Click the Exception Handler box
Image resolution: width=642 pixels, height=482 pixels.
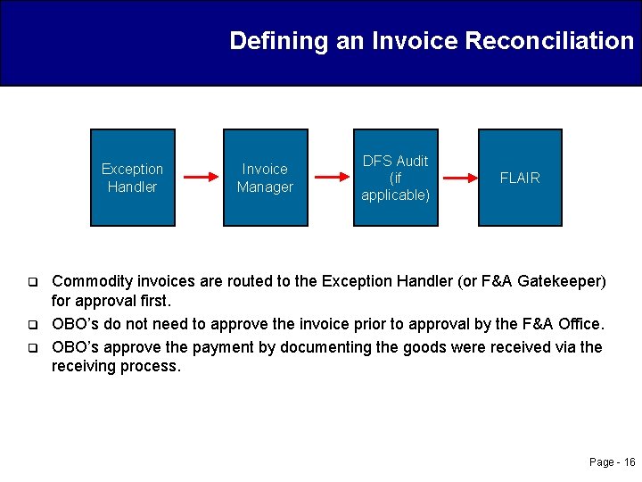point(132,177)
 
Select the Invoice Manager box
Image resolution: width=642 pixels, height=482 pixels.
point(265,177)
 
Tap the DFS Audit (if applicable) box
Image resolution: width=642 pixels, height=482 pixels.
point(395,177)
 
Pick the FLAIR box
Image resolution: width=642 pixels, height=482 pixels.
point(520,177)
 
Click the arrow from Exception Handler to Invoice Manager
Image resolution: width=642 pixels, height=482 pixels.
point(197,177)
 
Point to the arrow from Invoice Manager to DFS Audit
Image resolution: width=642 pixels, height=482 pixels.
point(330,177)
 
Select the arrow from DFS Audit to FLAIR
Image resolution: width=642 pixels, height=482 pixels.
point(460,179)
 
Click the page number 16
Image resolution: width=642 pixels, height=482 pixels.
point(630,461)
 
